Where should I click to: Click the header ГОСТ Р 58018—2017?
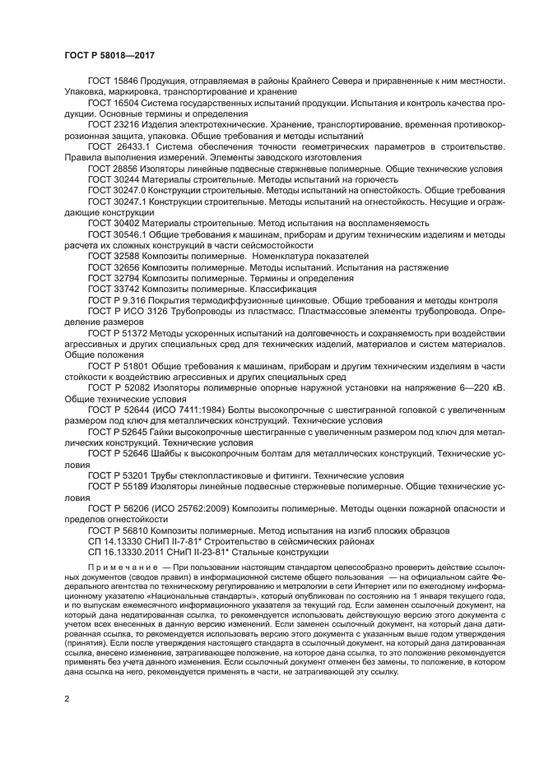point(109,55)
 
